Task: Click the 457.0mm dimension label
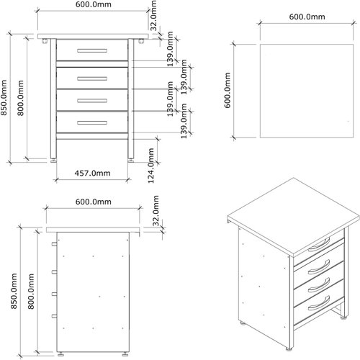pyautogui.click(x=94, y=173)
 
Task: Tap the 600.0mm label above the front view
pyautogui.click(x=94, y=5)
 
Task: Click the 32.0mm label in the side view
pyautogui.click(x=156, y=215)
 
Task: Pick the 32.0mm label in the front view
pyautogui.click(x=154, y=16)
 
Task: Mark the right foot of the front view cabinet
pyautogui.click(x=130, y=161)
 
